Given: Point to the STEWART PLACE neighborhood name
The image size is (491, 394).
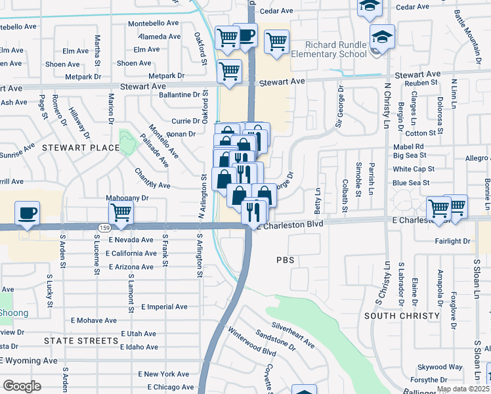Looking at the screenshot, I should [x=81, y=148].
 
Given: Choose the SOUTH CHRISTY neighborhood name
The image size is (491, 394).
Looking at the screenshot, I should [x=395, y=316].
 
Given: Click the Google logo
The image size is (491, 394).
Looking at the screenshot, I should [x=22, y=386].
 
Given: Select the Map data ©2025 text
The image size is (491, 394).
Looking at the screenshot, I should [x=463, y=389].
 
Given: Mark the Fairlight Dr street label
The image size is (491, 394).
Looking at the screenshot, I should [x=452, y=241].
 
